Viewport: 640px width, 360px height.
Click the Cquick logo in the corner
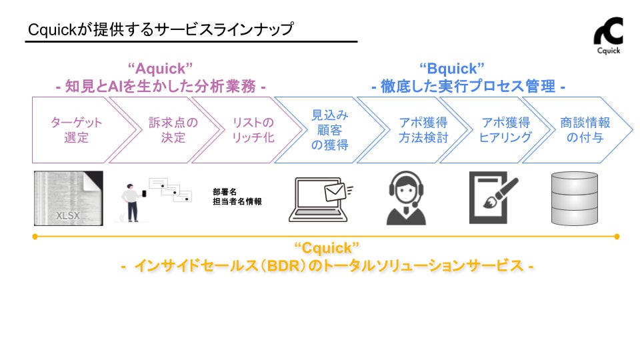(x=608, y=34)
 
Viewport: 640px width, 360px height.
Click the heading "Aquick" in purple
(x=160, y=68)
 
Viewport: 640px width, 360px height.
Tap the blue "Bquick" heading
(x=451, y=68)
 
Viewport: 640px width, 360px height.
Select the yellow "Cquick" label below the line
(x=326, y=248)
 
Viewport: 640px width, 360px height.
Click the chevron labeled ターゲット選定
(x=75, y=130)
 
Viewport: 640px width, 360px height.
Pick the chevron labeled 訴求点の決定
(x=167, y=130)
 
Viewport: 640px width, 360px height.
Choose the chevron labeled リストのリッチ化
(x=252, y=130)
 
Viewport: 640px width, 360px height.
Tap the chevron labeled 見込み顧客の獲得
(x=329, y=130)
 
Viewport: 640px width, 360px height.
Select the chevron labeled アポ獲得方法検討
(x=423, y=130)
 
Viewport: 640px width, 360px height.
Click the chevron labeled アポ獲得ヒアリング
(x=505, y=130)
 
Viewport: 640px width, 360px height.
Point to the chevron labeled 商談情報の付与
(x=585, y=130)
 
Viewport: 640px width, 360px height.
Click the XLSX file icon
(x=68, y=198)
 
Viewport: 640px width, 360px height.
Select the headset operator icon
(x=406, y=198)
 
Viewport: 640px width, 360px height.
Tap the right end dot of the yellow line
(x=617, y=236)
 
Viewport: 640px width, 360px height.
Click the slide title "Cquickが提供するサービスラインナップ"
(x=161, y=30)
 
